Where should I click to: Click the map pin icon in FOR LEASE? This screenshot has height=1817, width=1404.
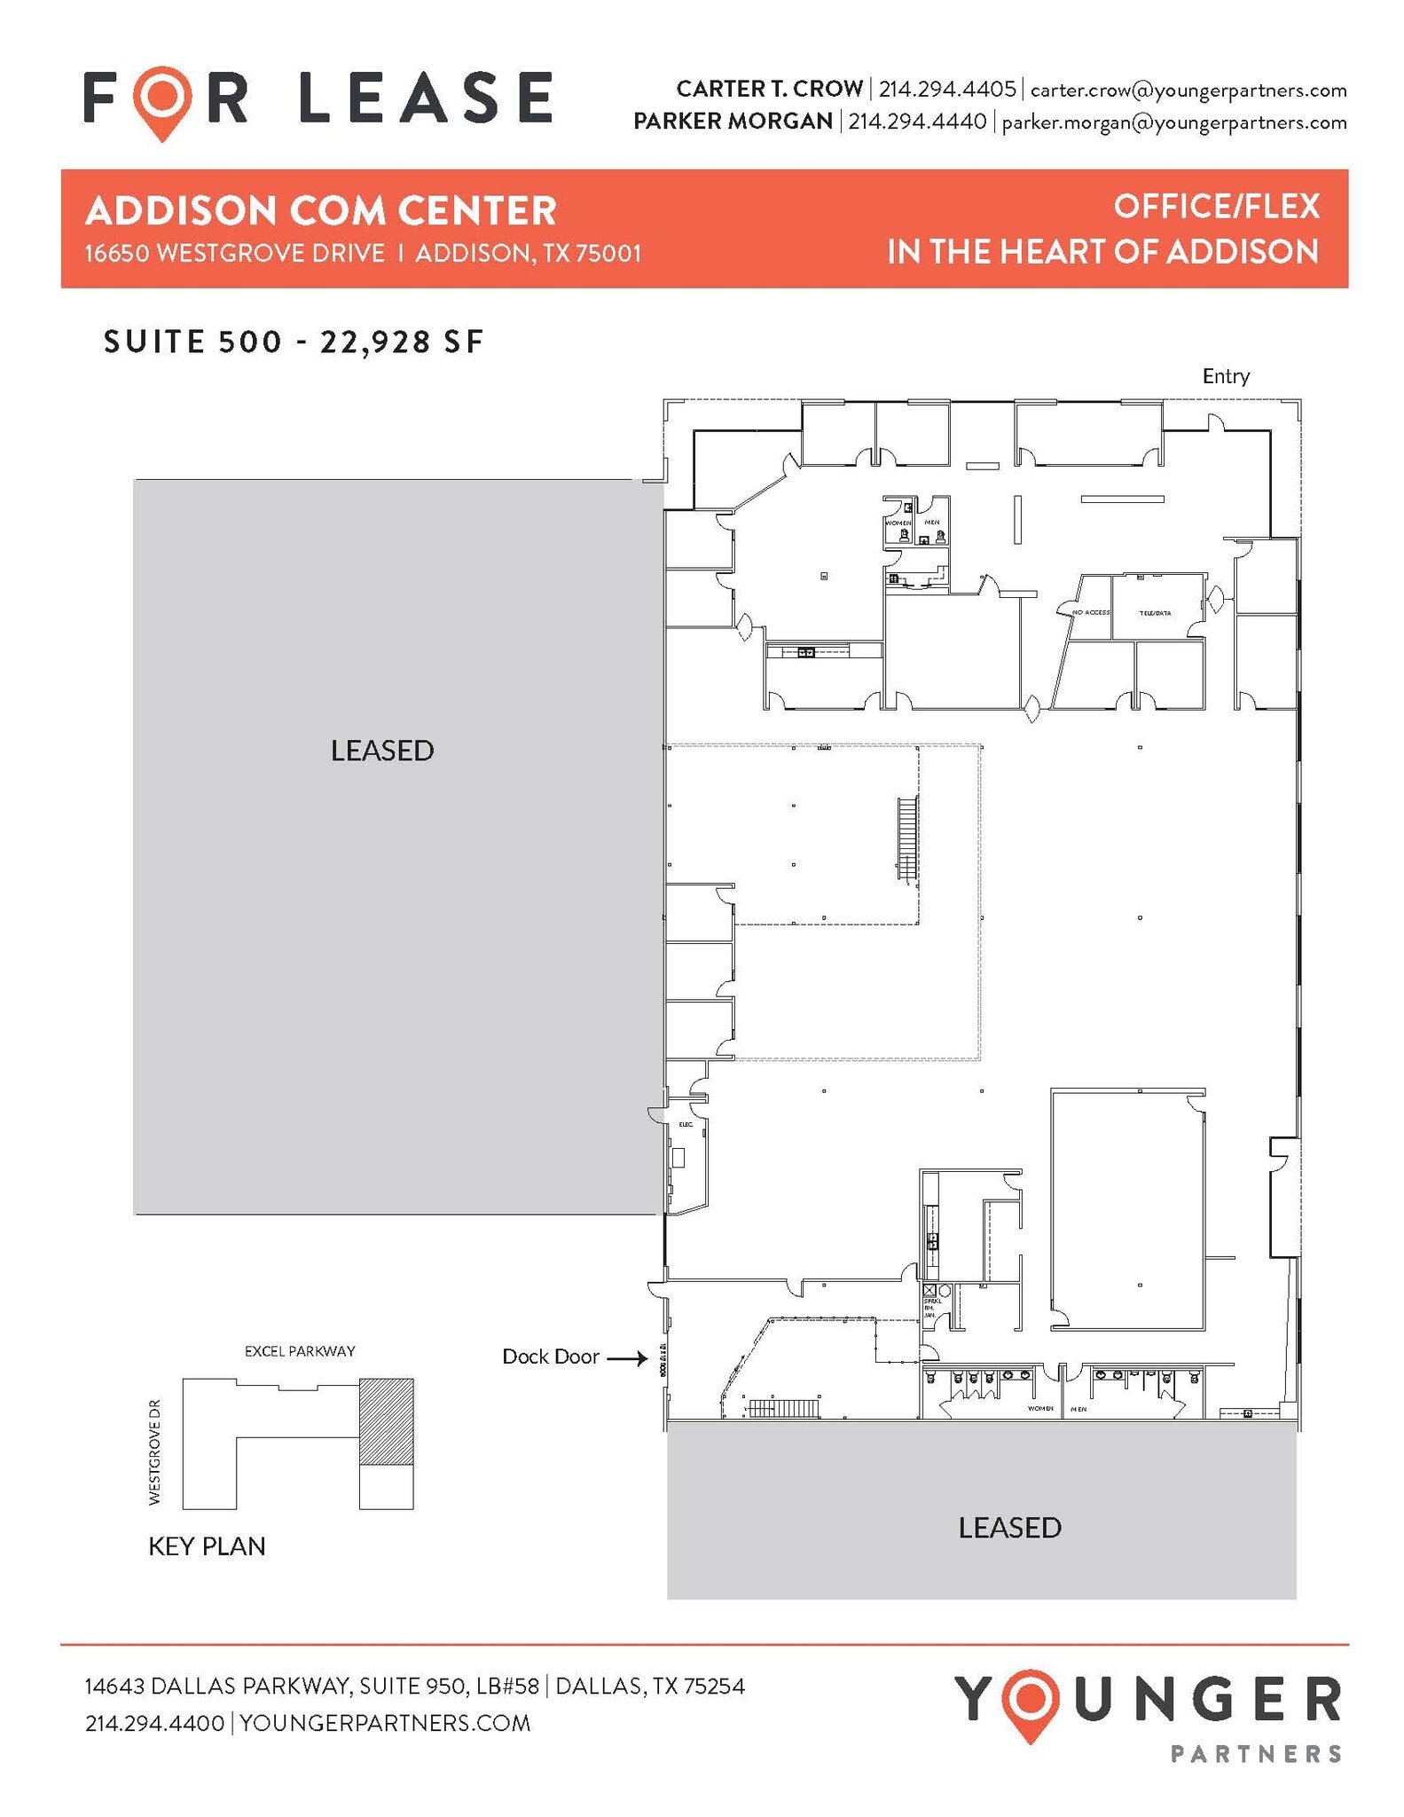162,100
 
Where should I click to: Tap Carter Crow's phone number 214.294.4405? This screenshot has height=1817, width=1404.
946,90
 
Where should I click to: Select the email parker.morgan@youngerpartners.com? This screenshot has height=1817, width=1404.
1173,122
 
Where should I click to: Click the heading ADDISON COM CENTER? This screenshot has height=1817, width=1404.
320,211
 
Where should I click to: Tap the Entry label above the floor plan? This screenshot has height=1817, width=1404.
1225,376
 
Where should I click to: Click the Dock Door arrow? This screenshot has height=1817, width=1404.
628,1357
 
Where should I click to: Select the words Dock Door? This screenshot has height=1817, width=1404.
550,1357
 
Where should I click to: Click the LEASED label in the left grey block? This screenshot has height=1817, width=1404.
382,751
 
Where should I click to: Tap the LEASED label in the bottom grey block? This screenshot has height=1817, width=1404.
1009,1527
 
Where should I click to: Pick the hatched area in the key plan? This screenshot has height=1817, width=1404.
386,1420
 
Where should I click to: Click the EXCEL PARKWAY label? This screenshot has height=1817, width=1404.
300,1351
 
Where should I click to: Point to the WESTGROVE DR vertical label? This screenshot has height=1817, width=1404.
155,1451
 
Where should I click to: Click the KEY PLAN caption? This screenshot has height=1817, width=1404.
207,1546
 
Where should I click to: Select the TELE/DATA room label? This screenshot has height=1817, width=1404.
1155,613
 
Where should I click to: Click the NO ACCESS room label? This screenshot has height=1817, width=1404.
1090,612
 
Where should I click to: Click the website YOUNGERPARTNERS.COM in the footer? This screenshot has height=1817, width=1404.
385,1723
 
